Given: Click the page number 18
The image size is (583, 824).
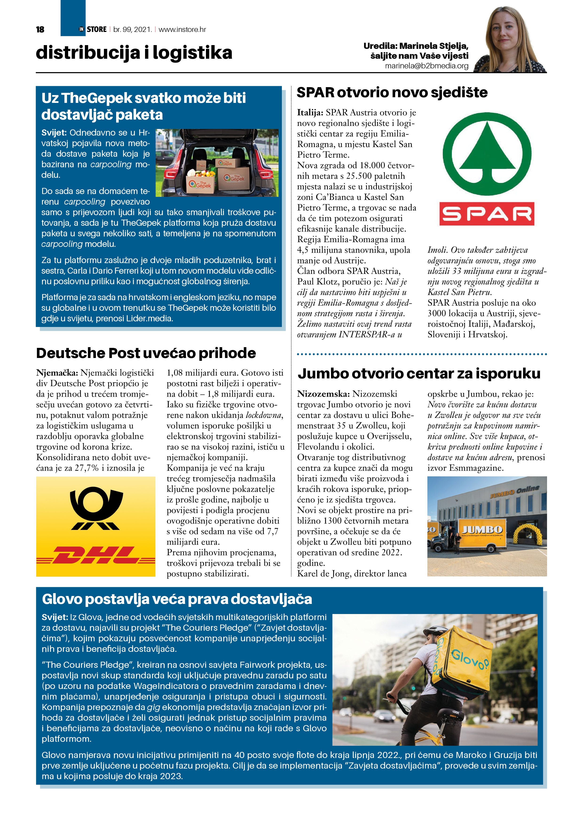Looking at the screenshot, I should tap(40, 29).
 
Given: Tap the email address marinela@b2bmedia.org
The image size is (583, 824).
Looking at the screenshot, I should tap(426, 66).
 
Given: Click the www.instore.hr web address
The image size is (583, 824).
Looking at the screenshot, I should tap(182, 29).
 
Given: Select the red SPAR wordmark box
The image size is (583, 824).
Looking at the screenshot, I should tap(487, 214).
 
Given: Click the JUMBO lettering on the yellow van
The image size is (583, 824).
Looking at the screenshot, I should tap(482, 530).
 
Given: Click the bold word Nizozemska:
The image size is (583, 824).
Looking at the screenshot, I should tap(323, 394).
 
